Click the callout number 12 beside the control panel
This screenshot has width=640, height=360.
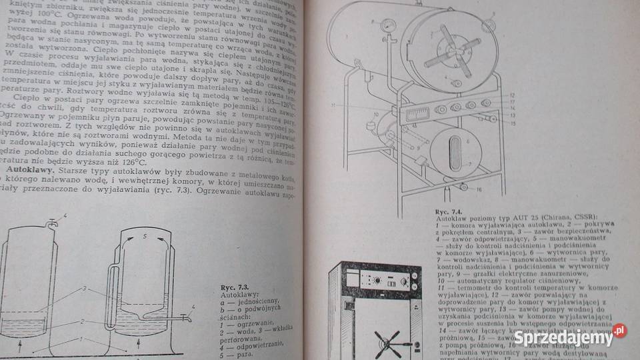[511, 95]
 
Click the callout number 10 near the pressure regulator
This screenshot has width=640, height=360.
[374, 114]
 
